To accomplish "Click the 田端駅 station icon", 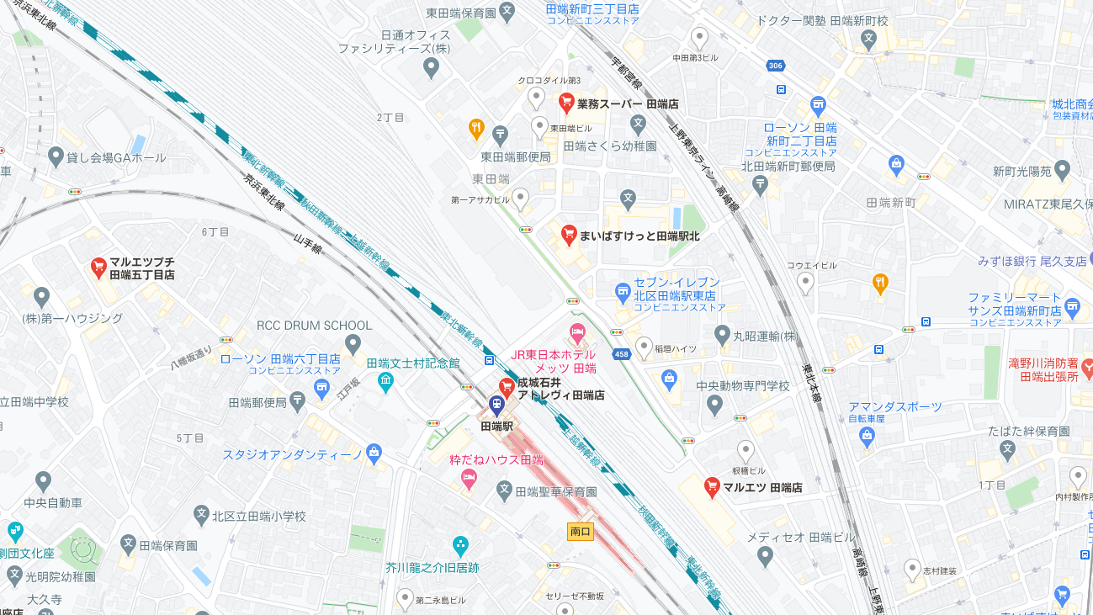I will (496, 405).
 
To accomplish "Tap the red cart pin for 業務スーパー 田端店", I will (566, 103).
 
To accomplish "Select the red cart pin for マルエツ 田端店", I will (712, 485).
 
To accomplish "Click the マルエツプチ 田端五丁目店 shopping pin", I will (98, 267).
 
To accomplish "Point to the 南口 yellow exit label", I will (581, 532).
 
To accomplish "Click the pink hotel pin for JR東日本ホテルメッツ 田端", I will (576, 331).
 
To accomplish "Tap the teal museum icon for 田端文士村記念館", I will (385, 382).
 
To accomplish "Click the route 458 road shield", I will (622, 354).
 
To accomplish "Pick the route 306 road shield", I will (775, 66).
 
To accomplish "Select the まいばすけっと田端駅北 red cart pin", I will (569, 234).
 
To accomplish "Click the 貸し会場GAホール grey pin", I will (56, 156).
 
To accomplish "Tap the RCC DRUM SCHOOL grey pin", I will (353, 343).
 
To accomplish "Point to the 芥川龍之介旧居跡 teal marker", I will (460, 545).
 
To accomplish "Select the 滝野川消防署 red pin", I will (1087, 367).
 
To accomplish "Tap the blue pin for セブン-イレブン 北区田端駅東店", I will (623, 292).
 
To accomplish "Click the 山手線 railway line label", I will (307, 244).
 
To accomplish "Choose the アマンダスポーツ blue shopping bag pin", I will (868, 435).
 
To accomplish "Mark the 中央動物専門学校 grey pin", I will (715, 406).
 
